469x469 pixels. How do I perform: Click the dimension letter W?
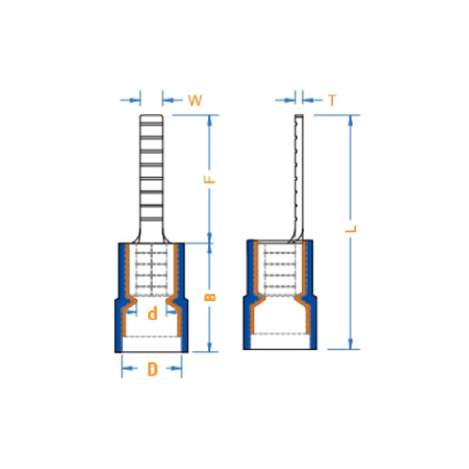tap(195, 100)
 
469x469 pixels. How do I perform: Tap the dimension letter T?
tap(332, 100)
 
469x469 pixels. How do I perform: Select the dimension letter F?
tap(210, 179)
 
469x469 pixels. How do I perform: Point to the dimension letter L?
tap(351, 229)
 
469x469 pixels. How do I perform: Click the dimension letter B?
tap(210, 297)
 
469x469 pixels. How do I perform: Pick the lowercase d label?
tap(152, 314)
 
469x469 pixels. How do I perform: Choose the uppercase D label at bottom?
tap(152, 369)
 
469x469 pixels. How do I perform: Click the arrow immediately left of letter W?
tap(173, 100)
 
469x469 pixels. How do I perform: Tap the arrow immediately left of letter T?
tap(313, 100)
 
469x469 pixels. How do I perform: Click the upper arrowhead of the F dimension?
tap(210, 120)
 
